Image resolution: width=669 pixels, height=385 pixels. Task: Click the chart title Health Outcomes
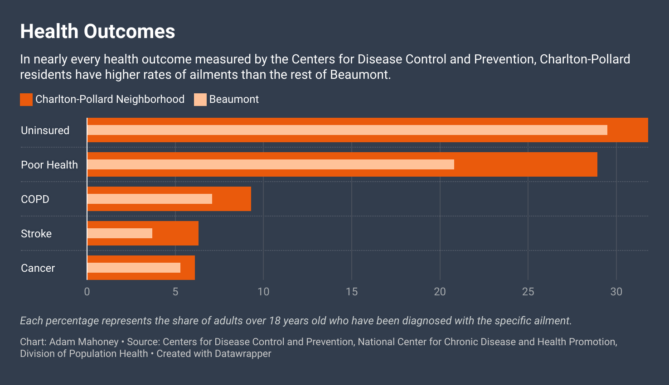click(x=97, y=32)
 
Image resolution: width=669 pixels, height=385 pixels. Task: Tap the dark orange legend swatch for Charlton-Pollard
click(x=26, y=100)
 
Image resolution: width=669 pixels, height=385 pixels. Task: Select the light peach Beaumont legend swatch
click(x=200, y=100)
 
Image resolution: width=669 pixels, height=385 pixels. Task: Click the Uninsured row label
click(x=45, y=130)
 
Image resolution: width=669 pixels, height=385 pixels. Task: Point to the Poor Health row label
click(x=49, y=165)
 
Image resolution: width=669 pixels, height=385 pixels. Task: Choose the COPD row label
click(x=35, y=199)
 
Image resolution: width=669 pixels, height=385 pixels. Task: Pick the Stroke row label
click(x=36, y=234)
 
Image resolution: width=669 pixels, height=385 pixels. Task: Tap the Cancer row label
click(x=38, y=268)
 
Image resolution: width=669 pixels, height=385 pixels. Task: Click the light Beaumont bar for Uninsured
click(x=347, y=130)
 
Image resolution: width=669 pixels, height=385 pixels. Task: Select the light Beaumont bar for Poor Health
click(x=271, y=164)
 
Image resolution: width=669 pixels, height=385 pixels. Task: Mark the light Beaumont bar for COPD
click(x=150, y=199)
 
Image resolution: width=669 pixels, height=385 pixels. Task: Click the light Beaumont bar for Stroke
click(x=120, y=233)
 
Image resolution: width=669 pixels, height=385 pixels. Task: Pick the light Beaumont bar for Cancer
click(x=134, y=268)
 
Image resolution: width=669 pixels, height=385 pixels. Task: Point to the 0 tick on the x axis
click(x=87, y=292)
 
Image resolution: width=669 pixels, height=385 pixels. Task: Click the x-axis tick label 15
click(x=352, y=292)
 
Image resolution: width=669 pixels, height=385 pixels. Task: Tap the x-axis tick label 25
click(x=528, y=292)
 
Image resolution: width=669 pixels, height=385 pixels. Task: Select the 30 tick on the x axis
click(x=616, y=292)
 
